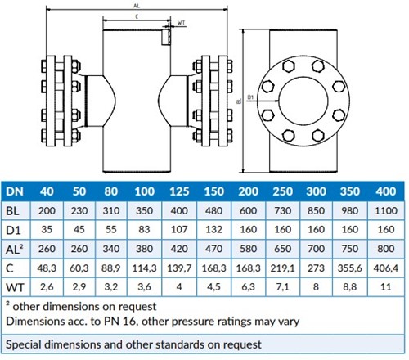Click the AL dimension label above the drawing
pos(137,6)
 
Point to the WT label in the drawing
pos(181,23)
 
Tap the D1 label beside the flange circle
pos(250,97)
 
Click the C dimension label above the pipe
pos(137,16)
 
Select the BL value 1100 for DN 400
pos(386,210)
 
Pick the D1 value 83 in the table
pos(144,229)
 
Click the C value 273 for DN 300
pos(316,268)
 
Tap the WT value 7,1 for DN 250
pos(282,287)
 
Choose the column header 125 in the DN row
pos(179,191)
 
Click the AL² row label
pos(14,249)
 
